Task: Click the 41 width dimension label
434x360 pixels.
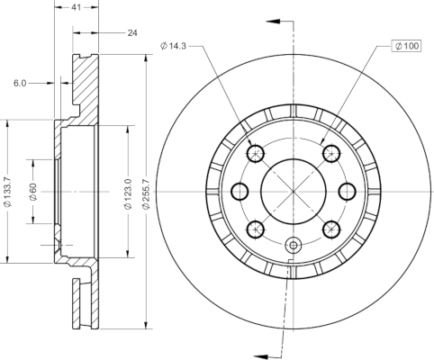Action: (x=77, y=7)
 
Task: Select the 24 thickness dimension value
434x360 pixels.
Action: (x=132, y=32)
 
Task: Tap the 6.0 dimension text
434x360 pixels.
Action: (x=20, y=83)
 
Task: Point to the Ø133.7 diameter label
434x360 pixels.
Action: (x=7, y=192)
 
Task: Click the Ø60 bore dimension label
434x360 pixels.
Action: (x=32, y=192)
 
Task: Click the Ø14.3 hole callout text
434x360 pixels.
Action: (x=174, y=46)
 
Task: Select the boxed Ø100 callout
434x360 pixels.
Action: (x=406, y=46)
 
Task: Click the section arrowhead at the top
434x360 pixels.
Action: (x=273, y=22)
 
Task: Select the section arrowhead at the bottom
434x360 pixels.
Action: (x=261, y=355)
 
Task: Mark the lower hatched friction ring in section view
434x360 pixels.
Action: (x=86, y=303)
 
